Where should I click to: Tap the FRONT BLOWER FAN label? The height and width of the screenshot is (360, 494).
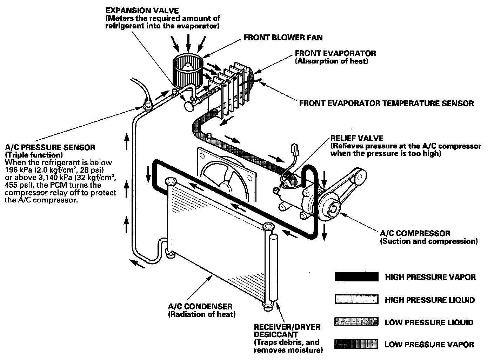(283, 37)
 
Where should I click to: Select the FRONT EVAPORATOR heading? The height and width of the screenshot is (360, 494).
(335, 53)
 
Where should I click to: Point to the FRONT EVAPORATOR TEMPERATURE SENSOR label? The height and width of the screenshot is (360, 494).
(386, 104)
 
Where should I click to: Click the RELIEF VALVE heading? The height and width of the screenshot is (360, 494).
(357, 138)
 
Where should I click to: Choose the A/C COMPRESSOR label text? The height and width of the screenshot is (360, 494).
(415, 233)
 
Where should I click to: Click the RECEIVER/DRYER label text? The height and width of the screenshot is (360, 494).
(287, 327)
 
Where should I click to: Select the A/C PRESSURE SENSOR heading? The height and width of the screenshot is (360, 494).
(50, 147)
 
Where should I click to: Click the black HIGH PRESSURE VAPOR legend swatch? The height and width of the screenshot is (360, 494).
(356, 277)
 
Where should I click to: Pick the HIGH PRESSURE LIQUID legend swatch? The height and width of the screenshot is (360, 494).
(356, 299)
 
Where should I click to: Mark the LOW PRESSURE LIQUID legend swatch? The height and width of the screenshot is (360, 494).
(356, 322)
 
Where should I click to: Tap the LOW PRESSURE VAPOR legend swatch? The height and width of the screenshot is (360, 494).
(356, 344)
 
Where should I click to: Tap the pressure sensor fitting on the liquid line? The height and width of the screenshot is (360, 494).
(148, 104)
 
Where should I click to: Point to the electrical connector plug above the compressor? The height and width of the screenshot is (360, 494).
(294, 151)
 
